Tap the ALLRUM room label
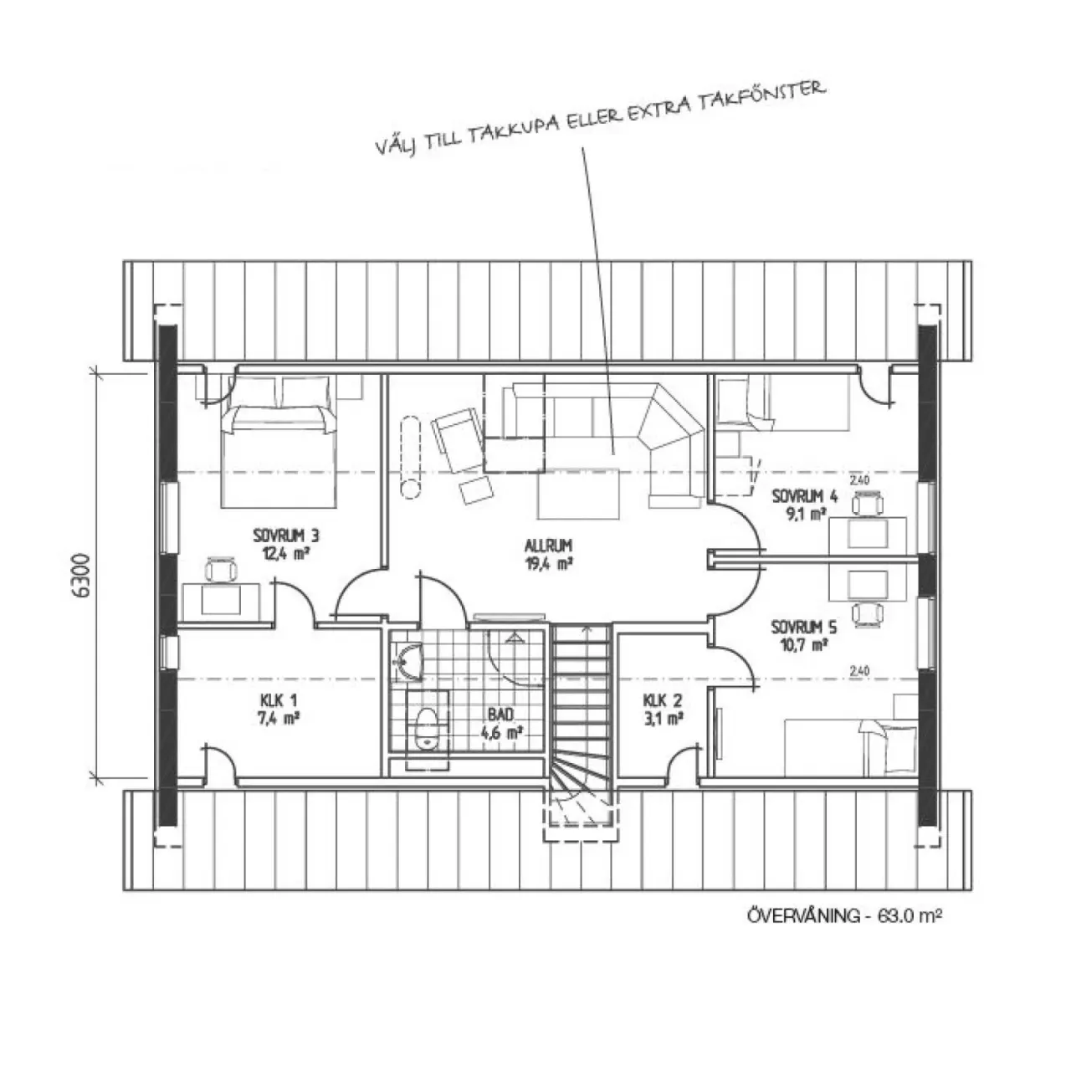(548, 546)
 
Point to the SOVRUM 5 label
(803, 628)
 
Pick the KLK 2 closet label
(663, 699)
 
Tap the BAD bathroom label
(500, 715)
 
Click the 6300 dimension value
(81, 575)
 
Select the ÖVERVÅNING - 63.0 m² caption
(844, 915)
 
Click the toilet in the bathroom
(427, 729)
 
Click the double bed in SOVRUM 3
(279, 441)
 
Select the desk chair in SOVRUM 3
(221, 570)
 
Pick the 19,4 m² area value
(548, 564)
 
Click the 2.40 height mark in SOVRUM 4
(859, 479)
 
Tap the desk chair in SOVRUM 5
(867, 613)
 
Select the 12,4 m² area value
(285, 554)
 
